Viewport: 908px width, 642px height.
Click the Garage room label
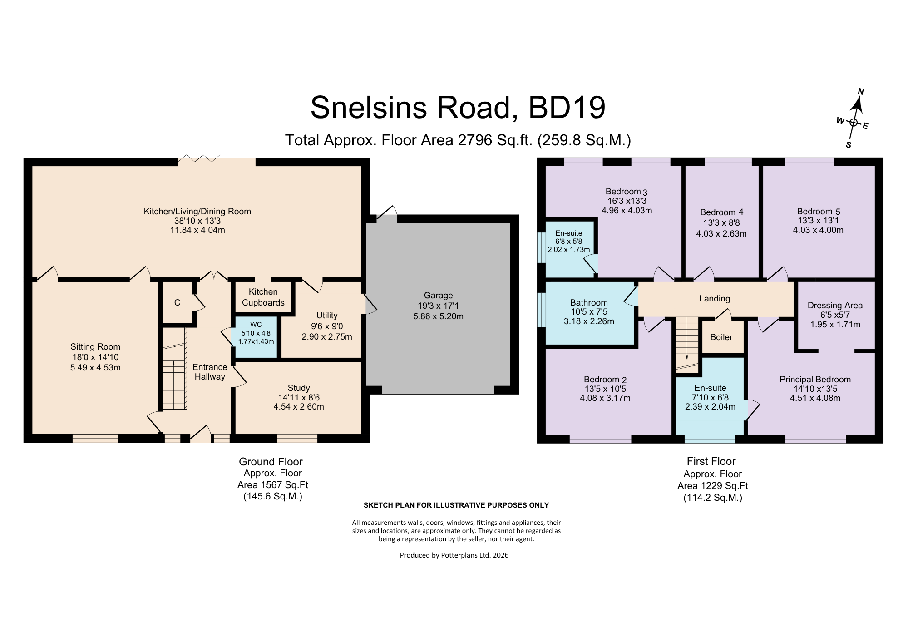[x=438, y=295]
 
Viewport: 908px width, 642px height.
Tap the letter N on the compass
[x=860, y=92]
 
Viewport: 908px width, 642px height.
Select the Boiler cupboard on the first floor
[x=721, y=337]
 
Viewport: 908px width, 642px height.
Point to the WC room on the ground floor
[x=256, y=336]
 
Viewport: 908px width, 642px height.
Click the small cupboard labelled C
[x=178, y=302]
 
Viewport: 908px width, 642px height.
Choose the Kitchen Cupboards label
[x=263, y=297]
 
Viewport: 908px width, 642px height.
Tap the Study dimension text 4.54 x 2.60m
[x=299, y=407]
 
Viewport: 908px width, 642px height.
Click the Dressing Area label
[x=835, y=306]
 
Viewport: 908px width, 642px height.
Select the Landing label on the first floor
[x=715, y=298]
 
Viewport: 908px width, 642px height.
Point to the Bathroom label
[x=589, y=302]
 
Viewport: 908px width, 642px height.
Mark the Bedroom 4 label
[x=722, y=212]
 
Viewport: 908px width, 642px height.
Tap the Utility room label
[x=327, y=315]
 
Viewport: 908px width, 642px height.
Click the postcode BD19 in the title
[x=567, y=108]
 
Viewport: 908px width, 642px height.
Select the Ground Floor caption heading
[x=271, y=462]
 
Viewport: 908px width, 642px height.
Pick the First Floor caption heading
[x=711, y=461]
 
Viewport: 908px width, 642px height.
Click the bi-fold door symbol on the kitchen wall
[x=199, y=158]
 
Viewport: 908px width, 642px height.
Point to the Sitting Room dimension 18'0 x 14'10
[x=95, y=357]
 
